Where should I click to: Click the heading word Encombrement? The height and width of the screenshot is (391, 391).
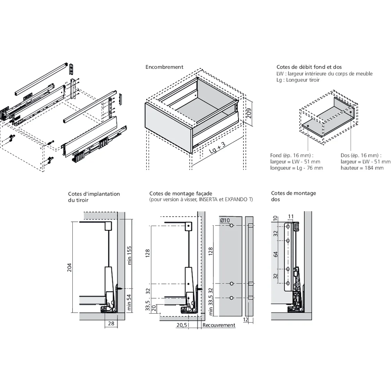pyautogui.click(x=164, y=67)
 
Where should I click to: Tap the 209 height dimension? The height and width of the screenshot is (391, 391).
pyautogui.click(x=248, y=113)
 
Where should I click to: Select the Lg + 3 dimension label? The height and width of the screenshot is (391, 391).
pyautogui.click(x=217, y=147)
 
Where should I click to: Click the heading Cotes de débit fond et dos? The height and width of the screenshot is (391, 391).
pyautogui.click(x=309, y=67)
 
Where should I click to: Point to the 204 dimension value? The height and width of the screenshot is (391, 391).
pyautogui.click(x=69, y=267)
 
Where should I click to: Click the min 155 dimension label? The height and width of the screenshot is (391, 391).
pyautogui.click(x=129, y=255)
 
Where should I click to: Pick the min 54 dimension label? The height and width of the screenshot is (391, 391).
pyautogui.click(x=129, y=302)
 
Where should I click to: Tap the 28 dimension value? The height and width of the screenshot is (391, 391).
pyautogui.click(x=111, y=323)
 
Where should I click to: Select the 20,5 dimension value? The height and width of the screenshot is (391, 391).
pyautogui.click(x=181, y=325)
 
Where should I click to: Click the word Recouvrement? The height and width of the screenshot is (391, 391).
pyautogui.click(x=219, y=325)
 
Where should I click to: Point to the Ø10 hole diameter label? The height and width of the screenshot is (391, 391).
pyautogui.click(x=225, y=220)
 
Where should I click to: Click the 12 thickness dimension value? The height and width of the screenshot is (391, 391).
pyautogui.click(x=246, y=320)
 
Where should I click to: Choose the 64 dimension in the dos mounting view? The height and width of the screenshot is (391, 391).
pyautogui.click(x=275, y=255)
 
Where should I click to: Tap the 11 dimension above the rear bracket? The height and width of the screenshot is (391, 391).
pyautogui.click(x=291, y=217)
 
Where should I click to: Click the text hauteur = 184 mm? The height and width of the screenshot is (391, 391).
pyautogui.click(x=362, y=168)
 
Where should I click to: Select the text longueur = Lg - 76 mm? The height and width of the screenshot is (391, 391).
pyautogui.click(x=296, y=168)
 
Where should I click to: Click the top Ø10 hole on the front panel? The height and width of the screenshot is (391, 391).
pyautogui.click(x=231, y=226)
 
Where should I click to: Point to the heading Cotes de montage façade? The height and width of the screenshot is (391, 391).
pyautogui.click(x=181, y=194)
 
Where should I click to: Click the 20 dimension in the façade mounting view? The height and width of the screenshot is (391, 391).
pyautogui.click(x=154, y=308)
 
